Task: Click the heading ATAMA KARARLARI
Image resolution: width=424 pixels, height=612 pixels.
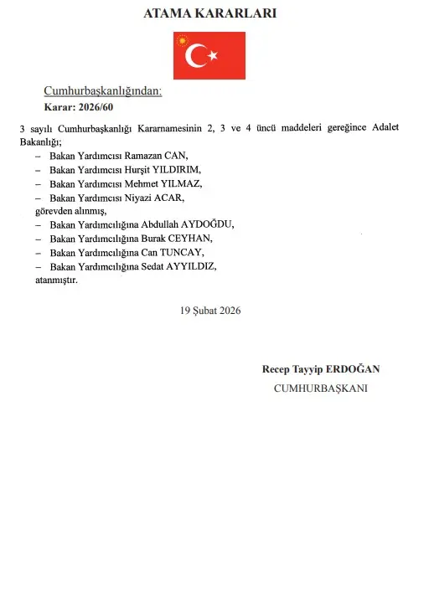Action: [211, 14]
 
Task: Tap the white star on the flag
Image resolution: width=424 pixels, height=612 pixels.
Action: [213, 56]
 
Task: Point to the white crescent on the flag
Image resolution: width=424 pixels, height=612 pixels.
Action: [196, 56]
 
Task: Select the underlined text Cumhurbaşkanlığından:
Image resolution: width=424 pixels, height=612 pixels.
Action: [102, 91]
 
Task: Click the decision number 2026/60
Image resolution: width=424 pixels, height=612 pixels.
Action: [95, 107]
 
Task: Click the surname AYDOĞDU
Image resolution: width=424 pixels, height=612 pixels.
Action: [204, 224]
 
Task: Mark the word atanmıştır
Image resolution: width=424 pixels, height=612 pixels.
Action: [56, 280]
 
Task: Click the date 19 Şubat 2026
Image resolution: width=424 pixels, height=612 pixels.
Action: [210, 310]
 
